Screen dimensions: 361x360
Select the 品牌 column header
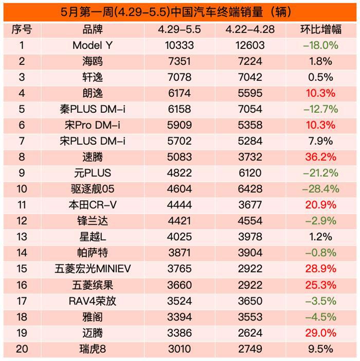pyautogui.click(x=93, y=29)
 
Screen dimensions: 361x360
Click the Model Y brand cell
pyautogui.click(x=93, y=45)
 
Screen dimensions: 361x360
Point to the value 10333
pyautogui.click(x=178, y=45)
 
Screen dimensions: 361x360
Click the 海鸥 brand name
pyautogui.click(x=93, y=61)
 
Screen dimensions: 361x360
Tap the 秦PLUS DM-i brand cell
pyautogui.click(x=93, y=109)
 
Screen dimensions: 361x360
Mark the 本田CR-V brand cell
pyautogui.click(x=93, y=205)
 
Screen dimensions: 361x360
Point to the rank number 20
pyautogui.click(x=22, y=349)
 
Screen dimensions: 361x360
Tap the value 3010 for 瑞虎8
pyautogui.click(x=178, y=349)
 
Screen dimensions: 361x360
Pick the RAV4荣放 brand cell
pyautogui.click(x=93, y=301)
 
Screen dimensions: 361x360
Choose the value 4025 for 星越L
pyautogui.click(x=178, y=237)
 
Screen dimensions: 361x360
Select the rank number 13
pyautogui.click(x=22, y=237)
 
